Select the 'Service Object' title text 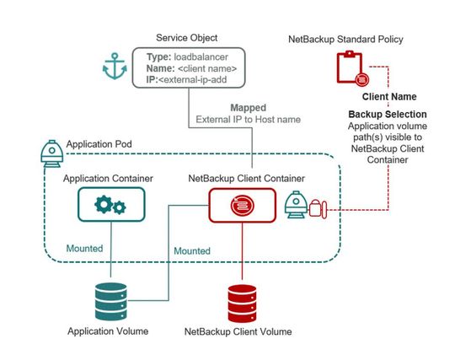tap(187, 38)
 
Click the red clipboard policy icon tap(347, 66)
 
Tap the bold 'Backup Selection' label tap(387, 114)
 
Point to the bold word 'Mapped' tap(250, 108)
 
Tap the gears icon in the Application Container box tap(111, 204)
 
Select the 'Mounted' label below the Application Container tap(85, 250)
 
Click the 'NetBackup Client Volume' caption tap(238, 332)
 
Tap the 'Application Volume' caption tap(109, 331)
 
